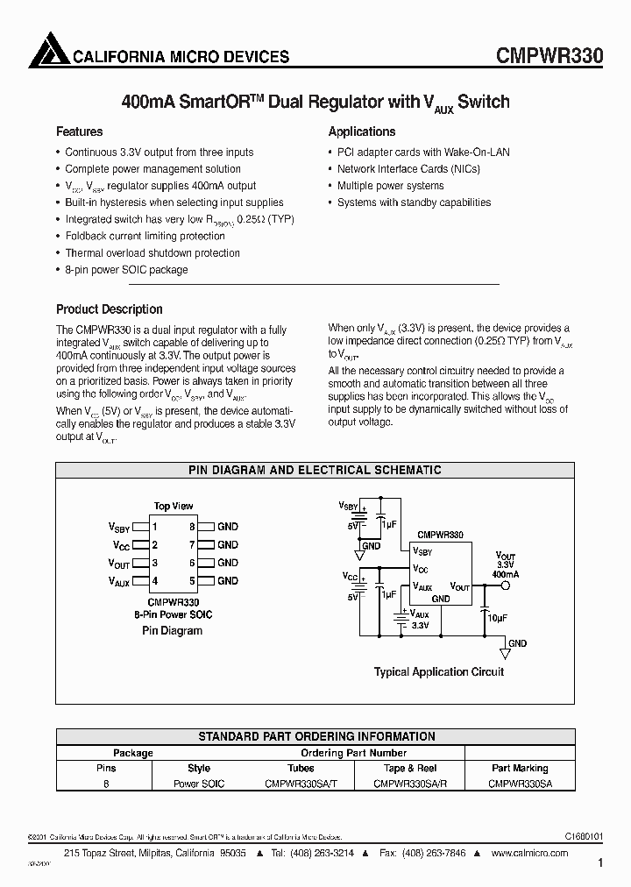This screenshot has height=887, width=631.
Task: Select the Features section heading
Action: click(79, 131)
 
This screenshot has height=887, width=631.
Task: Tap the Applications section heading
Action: click(361, 131)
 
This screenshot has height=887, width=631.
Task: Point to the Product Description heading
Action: click(109, 309)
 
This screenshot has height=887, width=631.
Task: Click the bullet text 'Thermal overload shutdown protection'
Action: click(152, 253)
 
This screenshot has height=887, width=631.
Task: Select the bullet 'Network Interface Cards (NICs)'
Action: click(408, 169)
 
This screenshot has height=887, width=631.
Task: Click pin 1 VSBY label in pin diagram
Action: click(119, 528)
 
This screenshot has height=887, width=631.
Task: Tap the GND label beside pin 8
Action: click(228, 527)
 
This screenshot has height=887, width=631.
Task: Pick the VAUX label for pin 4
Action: click(119, 581)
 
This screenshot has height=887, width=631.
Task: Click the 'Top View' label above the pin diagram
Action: click(174, 507)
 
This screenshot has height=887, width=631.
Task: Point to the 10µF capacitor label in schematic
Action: click(497, 618)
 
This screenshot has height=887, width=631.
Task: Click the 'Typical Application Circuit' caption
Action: click(439, 672)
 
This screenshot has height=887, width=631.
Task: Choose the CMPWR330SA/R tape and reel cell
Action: click(406, 784)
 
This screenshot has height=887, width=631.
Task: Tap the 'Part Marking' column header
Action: click(520, 768)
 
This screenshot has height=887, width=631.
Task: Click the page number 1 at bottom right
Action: click(600, 863)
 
